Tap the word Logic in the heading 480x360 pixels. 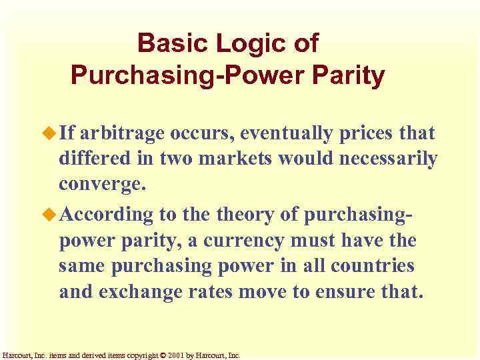[254, 44]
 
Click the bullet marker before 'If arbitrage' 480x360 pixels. [51, 133]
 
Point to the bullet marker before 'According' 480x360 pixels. [51, 215]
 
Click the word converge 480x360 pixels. [101, 183]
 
